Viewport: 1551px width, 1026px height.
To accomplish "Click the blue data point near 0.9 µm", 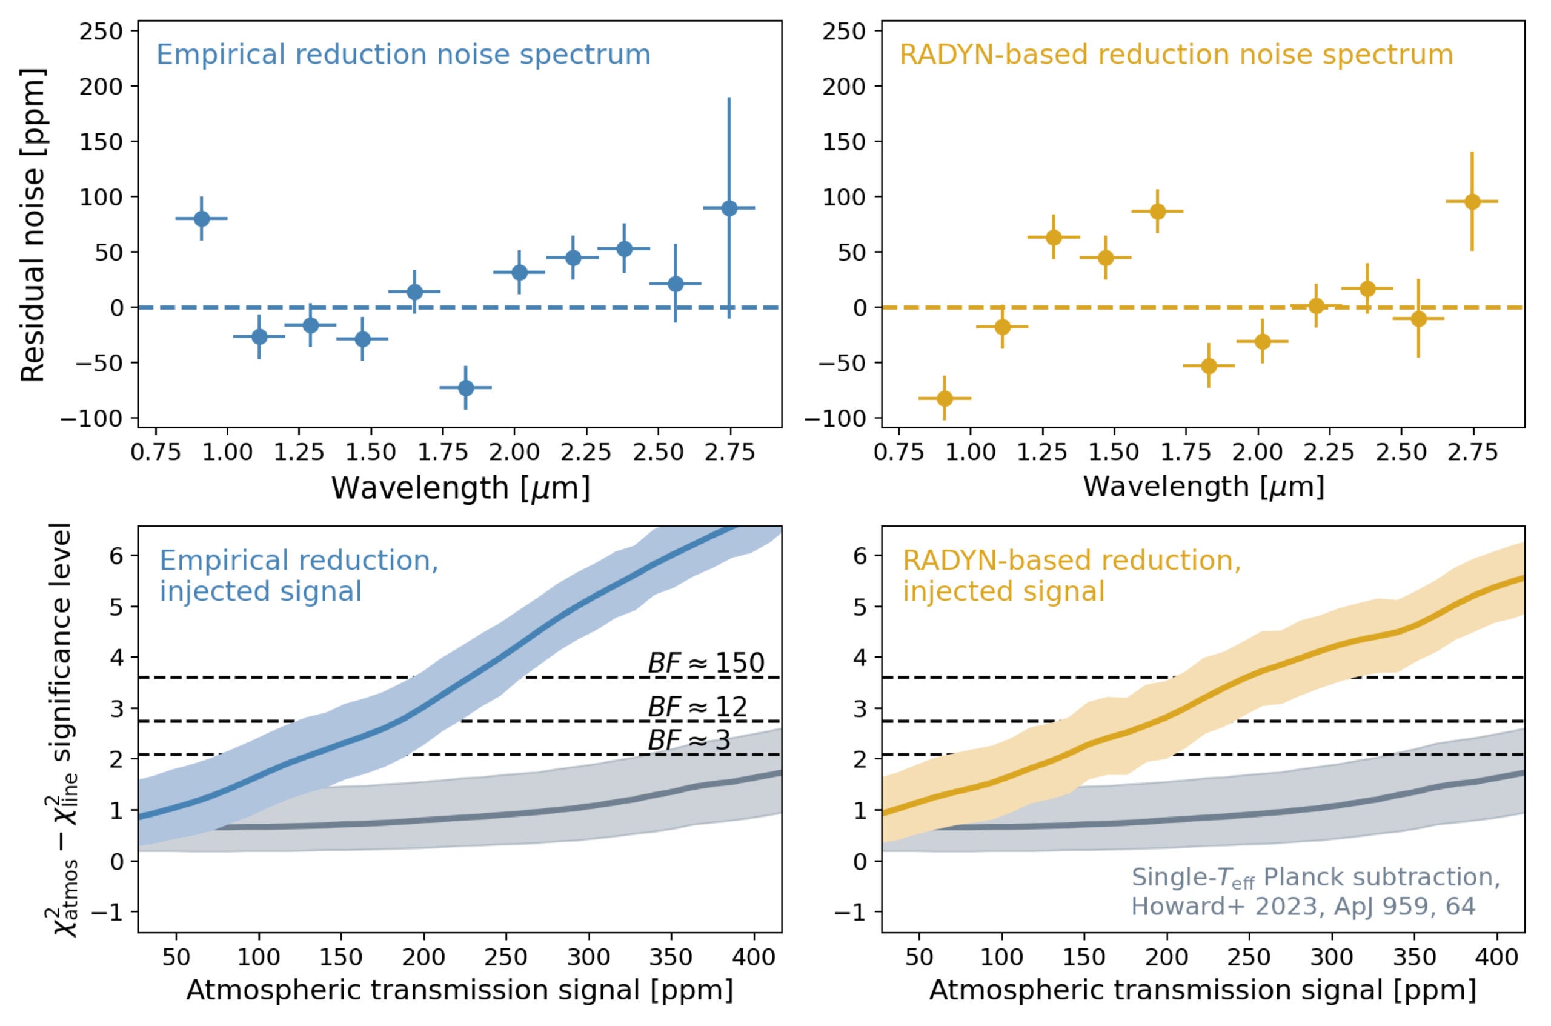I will point(202,219).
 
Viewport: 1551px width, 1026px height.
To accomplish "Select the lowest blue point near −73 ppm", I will point(466,388).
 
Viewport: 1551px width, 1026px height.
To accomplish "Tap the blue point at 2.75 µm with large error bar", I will point(729,208).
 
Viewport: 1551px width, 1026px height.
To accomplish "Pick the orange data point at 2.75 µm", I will point(1472,202).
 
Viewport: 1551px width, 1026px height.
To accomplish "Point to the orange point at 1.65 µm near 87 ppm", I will point(1157,212).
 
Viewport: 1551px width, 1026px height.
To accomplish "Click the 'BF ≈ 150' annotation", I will point(706,664).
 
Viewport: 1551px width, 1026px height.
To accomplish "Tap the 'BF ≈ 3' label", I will point(689,741).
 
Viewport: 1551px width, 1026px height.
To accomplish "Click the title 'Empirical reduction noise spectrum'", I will point(403,55).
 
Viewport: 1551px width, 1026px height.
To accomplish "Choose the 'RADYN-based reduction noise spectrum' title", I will point(1175,55).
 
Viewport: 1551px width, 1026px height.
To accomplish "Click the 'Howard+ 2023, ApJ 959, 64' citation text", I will point(1303,906).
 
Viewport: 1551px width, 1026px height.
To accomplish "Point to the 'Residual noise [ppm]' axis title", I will point(33,224).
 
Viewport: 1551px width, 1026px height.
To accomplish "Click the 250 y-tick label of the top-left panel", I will point(101,32).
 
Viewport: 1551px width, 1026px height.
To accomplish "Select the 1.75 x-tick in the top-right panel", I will point(1185,452).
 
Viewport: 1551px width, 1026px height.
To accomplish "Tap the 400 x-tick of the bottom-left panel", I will point(754,958).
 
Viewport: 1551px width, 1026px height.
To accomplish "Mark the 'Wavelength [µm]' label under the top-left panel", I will point(460,488).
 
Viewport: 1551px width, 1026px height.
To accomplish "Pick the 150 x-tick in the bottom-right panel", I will point(1084,958).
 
